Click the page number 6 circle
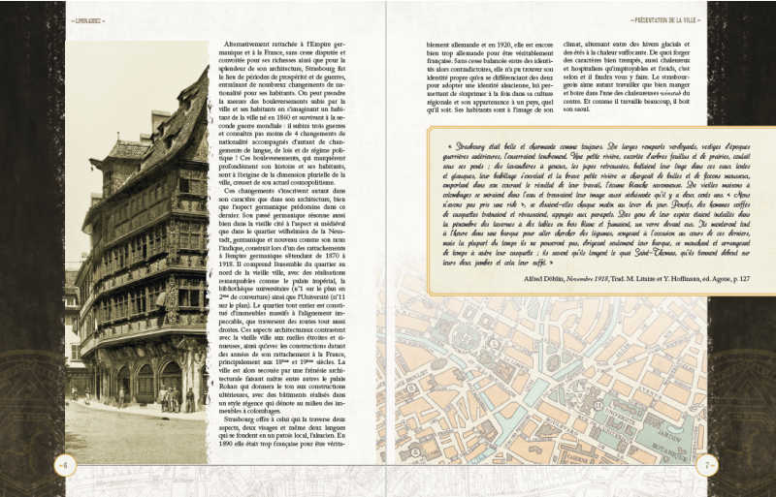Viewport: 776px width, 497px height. (65, 463)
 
